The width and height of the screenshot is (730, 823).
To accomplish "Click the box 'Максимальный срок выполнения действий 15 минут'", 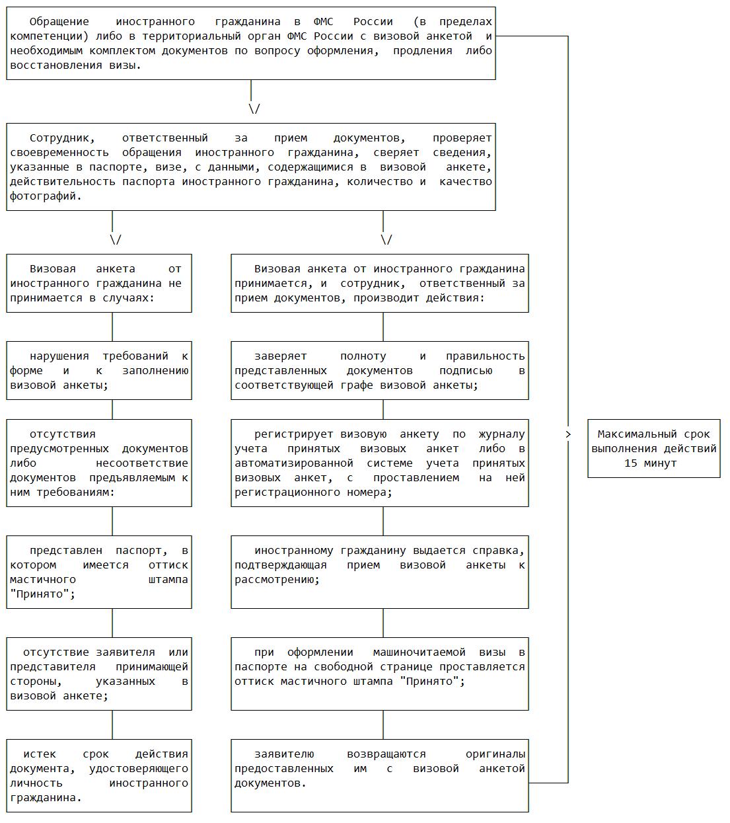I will click(x=653, y=448).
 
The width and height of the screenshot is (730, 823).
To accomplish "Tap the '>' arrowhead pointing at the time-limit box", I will click(x=568, y=434).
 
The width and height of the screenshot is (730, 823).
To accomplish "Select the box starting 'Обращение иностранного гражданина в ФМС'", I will click(x=250, y=44).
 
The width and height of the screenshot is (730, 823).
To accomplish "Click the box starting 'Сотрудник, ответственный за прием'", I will click(x=250, y=167).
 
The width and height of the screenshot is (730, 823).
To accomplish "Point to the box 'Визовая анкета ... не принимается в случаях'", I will click(x=99, y=283).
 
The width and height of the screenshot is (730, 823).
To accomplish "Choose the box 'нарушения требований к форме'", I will click(x=99, y=370).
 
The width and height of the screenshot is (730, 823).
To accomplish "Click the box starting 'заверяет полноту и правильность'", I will click(x=379, y=370).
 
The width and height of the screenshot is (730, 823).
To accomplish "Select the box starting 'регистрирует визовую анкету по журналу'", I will click(x=379, y=463).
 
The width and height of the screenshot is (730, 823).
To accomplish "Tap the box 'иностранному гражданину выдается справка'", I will click(x=379, y=572).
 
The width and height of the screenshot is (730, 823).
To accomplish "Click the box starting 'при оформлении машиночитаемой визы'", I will click(x=379, y=674).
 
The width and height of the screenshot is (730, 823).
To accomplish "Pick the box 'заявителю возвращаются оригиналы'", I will click(x=379, y=775).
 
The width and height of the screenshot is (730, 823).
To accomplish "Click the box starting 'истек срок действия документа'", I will click(x=99, y=775).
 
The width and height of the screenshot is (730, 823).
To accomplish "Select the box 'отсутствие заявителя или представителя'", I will click(x=99, y=674).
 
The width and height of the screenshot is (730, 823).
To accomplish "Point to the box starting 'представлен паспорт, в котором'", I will click(x=99, y=572).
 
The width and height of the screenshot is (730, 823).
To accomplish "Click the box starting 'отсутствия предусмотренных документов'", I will click(x=99, y=463).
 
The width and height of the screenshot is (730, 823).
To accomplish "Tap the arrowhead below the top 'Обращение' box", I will click(x=254, y=109).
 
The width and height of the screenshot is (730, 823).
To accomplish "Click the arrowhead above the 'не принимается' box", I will click(x=116, y=240).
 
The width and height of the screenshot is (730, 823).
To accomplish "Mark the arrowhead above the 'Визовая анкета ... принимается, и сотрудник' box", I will click(x=386, y=240).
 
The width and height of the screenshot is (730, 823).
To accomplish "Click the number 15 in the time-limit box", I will click(x=631, y=463).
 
